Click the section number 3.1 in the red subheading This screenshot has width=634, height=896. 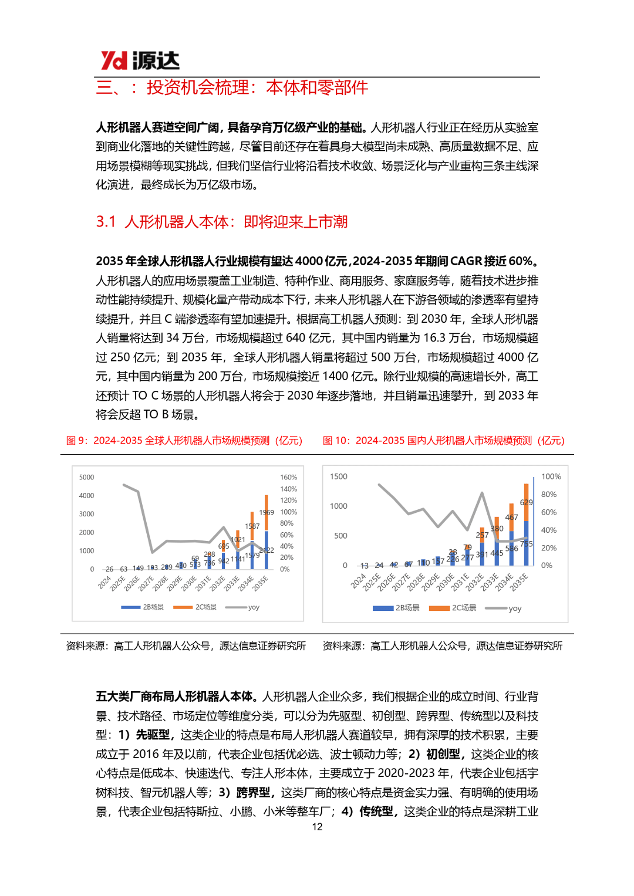click(106, 222)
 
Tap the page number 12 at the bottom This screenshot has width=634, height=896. click(317, 827)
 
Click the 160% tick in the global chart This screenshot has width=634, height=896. click(288, 478)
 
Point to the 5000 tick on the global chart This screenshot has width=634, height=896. click(86, 478)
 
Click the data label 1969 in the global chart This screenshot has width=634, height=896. click(267, 512)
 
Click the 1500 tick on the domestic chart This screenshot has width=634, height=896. click(339, 476)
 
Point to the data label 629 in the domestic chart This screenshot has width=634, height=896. click(527, 502)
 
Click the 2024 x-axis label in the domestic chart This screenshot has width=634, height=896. click(358, 581)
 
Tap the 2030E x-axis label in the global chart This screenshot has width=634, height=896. click(189, 583)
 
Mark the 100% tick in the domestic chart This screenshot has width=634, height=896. click(551, 476)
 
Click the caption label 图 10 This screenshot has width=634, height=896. click(336, 441)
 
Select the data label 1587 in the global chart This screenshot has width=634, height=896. click(252, 526)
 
